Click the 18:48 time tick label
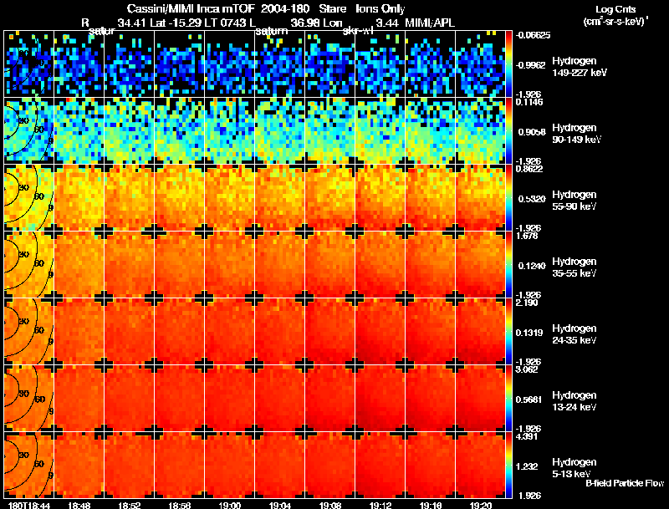click(79, 505)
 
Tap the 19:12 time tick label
click(380, 505)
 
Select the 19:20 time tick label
click(480, 505)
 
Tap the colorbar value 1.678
click(526, 237)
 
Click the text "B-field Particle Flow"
click(625, 483)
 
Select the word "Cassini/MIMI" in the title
click(160, 9)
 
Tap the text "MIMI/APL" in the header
click(432, 23)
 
